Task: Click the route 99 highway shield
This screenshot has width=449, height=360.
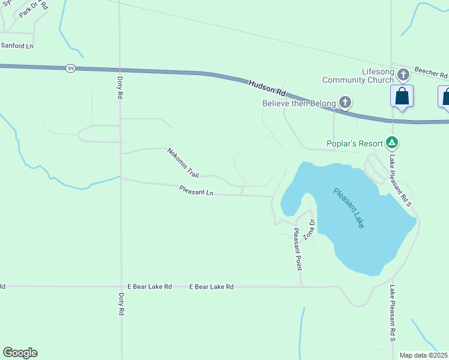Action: click(x=71, y=68)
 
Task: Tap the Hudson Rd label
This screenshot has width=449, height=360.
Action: click(x=268, y=88)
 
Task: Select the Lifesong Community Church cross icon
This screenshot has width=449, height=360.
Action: click(x=403, y=75)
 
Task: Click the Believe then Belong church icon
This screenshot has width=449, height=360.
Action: click(x=345, y=103)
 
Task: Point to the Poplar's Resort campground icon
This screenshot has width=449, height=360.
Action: click(x=392, y=143)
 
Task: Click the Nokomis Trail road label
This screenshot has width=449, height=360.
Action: click(x=183, y=163)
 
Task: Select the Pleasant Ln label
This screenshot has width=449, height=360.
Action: click(x=196, y=191)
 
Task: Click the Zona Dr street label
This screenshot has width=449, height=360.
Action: click(x=309, y=229)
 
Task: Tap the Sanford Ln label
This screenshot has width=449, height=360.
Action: click(x=17, y=46)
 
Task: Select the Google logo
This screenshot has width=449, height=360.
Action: click(x=20, y=353)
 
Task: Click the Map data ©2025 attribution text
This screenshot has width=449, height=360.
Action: click(x=424, y=355)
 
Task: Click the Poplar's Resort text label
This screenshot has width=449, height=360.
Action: click(x=355, y=143)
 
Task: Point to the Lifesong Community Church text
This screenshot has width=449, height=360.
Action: click(x=360, y=76)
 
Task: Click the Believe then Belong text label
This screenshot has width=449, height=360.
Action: click(x=299, y=103)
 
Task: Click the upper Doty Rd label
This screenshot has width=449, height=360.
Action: click(x=120, y=87)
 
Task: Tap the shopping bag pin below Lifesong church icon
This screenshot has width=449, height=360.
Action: click(x=402, y=97)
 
